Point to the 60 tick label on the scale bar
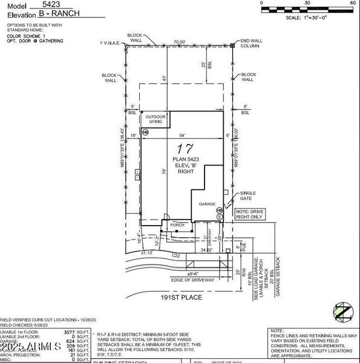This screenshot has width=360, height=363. [353, 3]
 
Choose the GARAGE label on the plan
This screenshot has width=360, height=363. [208, 204]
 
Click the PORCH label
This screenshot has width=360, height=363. [177, 224]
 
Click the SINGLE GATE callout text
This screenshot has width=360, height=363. [248, 194]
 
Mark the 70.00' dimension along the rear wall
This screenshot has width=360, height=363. [178, 42]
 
